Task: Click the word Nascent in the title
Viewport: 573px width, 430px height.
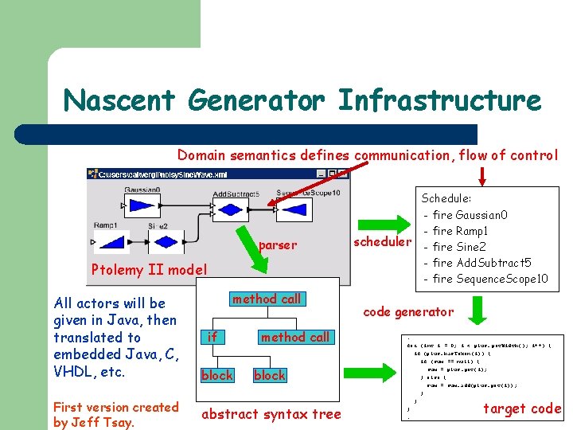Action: [119, 101]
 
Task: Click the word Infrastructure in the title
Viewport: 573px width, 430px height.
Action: [439, 101]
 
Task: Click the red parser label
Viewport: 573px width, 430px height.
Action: [277, 245]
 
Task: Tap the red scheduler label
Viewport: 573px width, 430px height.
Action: [382, 241]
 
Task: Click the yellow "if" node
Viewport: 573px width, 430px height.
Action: [212, 337]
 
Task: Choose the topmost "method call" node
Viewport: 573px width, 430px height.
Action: [267, 299]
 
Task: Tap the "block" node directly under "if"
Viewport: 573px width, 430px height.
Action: [216, 375]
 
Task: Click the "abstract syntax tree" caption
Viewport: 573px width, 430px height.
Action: [271, 413]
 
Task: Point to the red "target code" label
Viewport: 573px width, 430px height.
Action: [522, 408]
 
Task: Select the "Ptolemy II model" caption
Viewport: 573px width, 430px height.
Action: [149, 270]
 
